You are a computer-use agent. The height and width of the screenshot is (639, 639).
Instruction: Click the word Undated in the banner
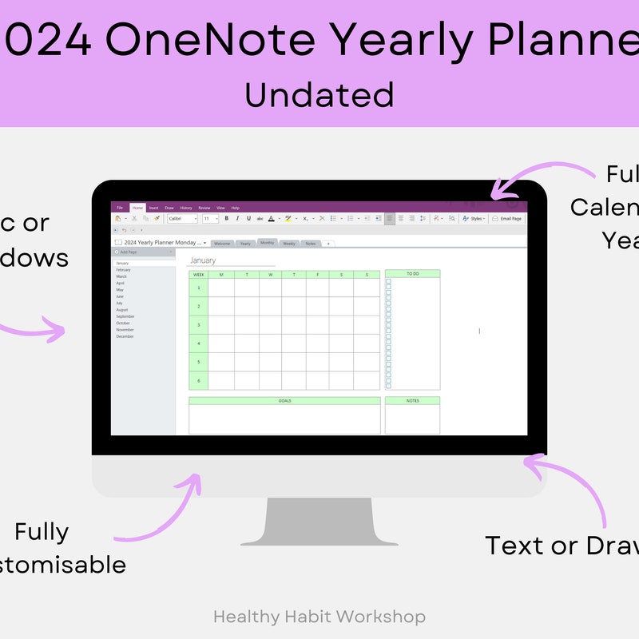319,94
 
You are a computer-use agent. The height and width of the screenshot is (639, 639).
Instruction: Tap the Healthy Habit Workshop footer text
319,617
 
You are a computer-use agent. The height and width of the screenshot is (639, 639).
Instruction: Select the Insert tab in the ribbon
153,208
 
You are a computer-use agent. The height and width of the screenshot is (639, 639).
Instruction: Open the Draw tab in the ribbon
169,208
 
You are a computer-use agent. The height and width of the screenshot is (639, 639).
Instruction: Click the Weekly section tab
289,244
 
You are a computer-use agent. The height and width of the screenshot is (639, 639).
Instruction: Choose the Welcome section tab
222,244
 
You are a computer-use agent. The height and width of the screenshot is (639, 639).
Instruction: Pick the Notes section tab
310,244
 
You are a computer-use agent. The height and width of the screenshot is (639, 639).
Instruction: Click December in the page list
125,336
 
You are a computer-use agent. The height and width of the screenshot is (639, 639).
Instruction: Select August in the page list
122,310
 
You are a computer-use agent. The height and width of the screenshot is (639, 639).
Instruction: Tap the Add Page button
128,252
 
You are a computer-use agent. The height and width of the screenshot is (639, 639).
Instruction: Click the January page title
203,260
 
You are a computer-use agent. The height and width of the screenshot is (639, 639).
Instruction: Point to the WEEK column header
198,274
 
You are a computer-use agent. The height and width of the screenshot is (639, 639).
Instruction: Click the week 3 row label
198,325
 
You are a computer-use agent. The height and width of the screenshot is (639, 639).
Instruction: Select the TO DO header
412,274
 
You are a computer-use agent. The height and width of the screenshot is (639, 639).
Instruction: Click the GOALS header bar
284,401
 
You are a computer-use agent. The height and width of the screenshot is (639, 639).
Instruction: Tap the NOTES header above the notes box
412,401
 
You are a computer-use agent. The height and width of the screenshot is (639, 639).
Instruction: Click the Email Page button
506,218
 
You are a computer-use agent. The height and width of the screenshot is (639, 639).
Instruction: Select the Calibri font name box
181,218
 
